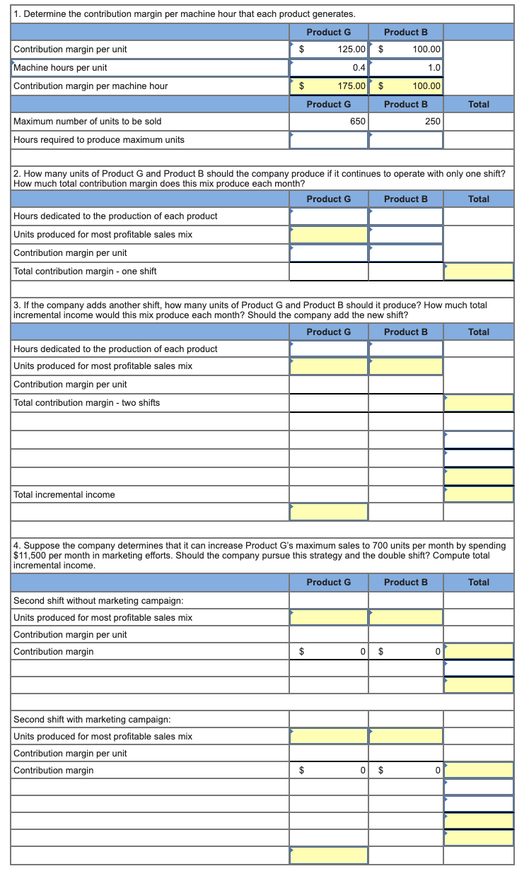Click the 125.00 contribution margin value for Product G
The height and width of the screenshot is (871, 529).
click(x=351, y=49)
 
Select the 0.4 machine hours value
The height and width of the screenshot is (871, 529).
click(x=358, y=68)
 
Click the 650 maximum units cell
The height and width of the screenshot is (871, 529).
click(x=357, y=122)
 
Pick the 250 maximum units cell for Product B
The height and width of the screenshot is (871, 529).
click(x=432, y=122)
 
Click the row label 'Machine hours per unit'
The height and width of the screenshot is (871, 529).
click(x=61, y=68)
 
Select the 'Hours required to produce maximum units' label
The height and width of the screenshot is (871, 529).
click(x=99, y=140)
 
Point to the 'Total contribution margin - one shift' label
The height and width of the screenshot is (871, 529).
click(x=85, y=271)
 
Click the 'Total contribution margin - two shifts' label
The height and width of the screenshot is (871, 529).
click(x=87, y=403)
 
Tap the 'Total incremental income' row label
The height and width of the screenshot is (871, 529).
click(x=64, y=495)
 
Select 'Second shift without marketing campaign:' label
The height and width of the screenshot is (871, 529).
click(x=99, y=601)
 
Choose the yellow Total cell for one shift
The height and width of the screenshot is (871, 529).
click(x=479, y=271)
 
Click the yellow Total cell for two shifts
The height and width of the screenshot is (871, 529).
click(x=479, y=403)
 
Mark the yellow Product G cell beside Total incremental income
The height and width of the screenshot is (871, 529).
click(x=329, y=512)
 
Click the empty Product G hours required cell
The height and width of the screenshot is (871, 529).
click(x=329, y=140)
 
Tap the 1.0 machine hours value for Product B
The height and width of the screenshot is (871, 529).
click(x=434, y=68)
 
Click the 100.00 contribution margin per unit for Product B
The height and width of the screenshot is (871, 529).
click(x=426, y=49)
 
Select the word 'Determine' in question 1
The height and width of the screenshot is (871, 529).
click(x=44, y=14)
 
